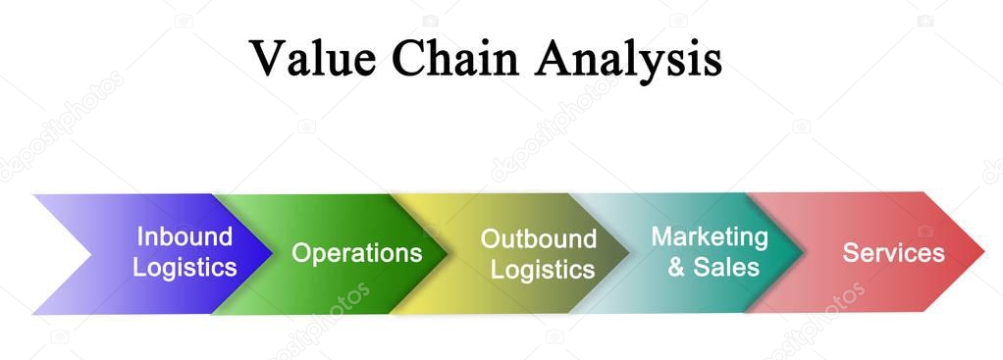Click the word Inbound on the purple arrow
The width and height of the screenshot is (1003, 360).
click(x=185, y=237)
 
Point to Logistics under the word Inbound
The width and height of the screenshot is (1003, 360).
click(x=185, y=267)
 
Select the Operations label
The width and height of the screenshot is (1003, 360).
click(x=357, y=253)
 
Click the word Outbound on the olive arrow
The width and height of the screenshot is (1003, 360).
click(x=538, y=239)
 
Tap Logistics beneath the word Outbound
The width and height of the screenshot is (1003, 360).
click(x=543, y=269)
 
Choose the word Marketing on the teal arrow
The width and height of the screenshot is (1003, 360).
click(x=710, y=237)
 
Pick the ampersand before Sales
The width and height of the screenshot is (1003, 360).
click(x=676, y=267)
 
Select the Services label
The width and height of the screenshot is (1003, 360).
click(x=893, y=253)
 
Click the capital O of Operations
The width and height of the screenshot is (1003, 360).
click(x=302, y=253)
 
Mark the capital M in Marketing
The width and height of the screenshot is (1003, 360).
click(x=662, y=236)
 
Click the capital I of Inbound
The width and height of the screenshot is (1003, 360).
click(x=139, y=237)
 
